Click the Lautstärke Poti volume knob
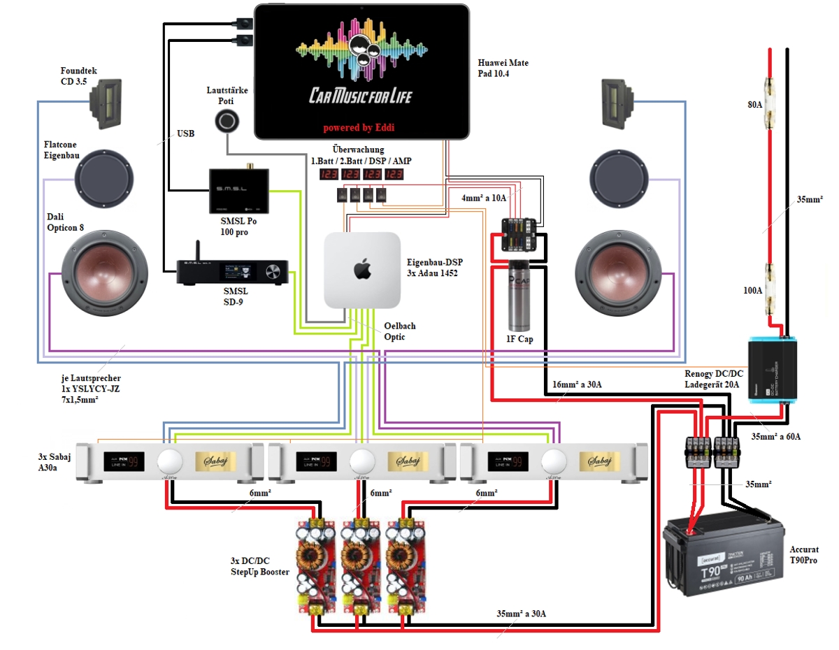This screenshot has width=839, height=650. [x=226, y=122]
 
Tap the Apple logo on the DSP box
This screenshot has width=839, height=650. [x=362, y=269]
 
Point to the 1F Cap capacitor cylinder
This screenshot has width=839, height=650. [x=517, y=296]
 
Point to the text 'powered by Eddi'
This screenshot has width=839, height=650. [x=361, y=128]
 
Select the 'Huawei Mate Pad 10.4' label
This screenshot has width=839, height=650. [x=503, y=68]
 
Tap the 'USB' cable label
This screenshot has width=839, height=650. [x=185, y=132]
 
